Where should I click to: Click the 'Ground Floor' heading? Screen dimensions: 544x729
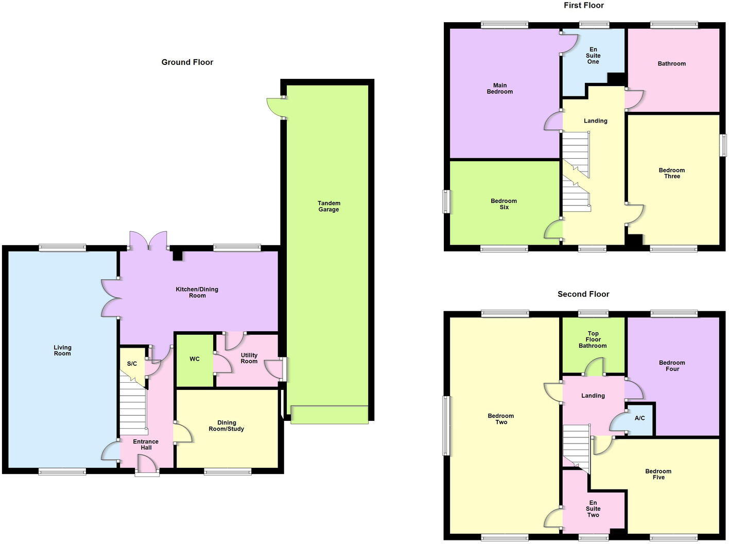pyautogui.click(x=187, y=62)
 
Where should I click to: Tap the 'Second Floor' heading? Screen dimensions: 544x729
pyautogui.click(x=583, y=294)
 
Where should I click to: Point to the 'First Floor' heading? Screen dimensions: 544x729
pyautogui.click(x=583, y=6)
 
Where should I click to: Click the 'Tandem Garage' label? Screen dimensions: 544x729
pyautogui.click(x=328, y=206)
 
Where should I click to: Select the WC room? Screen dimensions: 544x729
pyautogui.click(x=195, y=359)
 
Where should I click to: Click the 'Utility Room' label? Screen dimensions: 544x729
pyautogui.click(x=249, y=358)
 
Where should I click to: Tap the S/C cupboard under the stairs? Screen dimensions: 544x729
pyautogui.click(x=132, y=364)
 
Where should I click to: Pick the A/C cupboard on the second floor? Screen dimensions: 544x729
pyautogui.click(x=639, y=418)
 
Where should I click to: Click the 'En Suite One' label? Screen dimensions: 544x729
pyautogui.click(x=593, y=56)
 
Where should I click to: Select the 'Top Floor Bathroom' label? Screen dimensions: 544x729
pyautogui.click(x=593, y=339)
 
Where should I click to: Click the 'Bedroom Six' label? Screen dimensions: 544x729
pyautogui.click(x=504, y=204)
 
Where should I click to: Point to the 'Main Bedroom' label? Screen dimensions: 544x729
pyautogui.click(x=499, y=89)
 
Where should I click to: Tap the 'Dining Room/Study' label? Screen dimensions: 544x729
pyautogui.click(x=227, y=426)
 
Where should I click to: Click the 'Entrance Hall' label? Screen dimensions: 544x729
pyautogui.click(x=146, y=445)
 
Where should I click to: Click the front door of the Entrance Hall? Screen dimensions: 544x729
pyautogui.click(x=147, y=466)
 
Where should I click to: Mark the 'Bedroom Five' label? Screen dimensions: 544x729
pyautogui.click(x=658, y=474)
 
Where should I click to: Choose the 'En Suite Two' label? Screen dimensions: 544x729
pyautogui.click(x=593, y=508)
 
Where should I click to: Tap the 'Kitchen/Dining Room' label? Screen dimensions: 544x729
pyautogui.click(x=197, y=292)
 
